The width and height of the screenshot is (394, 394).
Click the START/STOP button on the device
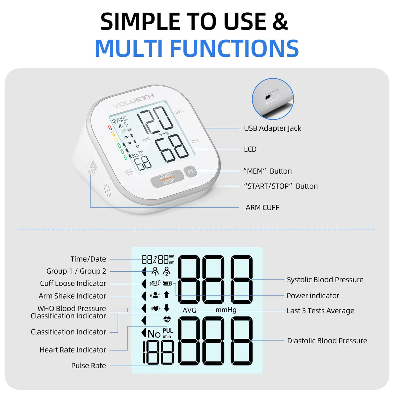pyautogui.click(x=167, y=179)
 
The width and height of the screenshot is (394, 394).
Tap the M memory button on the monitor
pyautogui.click(x=191, y=171)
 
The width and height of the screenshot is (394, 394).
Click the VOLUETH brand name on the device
pyautogui.click(x=133, y=101)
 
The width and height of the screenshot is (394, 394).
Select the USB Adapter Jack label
pyautogui.click(x=272, y=128)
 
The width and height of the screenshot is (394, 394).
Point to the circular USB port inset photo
pyautogui.click(x=273, y=99)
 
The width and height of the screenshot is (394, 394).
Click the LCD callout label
pyautogui.click(x=250, y=149)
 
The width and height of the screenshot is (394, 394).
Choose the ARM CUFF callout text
pyautogui.click(x=262, y=208)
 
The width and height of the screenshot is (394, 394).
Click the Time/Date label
pyautogui.click(x=88, y=259)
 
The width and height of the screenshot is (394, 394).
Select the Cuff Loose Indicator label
pyautogui.click(x=73, y=283)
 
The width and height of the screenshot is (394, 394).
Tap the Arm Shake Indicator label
pyautogui.click(x=72, y=296)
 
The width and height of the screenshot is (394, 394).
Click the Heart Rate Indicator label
pyautogui.click(x=73, y=350)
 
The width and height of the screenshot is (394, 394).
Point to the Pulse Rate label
pyautogui.click(x=89, y=366)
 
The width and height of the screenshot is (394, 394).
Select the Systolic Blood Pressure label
pyautogui.click(x=325, y=280)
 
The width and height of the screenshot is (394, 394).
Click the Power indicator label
pyautogui.click(x=313, y=296)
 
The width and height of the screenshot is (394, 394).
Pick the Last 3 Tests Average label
pyautogui.click(x=320, y=311)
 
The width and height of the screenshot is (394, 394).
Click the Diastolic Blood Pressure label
pyautogui.click(x=327, y=341)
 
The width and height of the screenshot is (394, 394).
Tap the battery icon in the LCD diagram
pyautogui.click(x=167, y=283)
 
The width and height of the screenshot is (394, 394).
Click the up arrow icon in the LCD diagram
pyautogui.click(x=166, y=295)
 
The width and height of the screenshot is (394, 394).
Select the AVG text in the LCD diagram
pyautogui.click(x=189, y=310)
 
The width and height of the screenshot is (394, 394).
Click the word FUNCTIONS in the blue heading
pyautogui.click(x=234, y=49)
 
